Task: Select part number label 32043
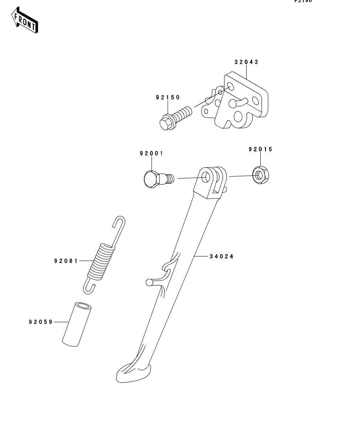pyautogui.click(x=246, y=62)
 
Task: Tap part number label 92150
pyautogui.click(x=167, y=97)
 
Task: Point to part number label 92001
pyautogui.click(x=151, y=153)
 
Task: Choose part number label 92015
pyautogui.click(x=260, y=149)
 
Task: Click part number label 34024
pyautogui.click(x=221, y=256)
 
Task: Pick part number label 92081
pyautogui.click(x=66, y=260)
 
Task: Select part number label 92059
pyautogui.click(x=41, y=322)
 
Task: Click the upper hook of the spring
pyautogui.click(x=119, y=223)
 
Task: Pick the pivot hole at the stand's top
pyautogui.click(x=206, y=177)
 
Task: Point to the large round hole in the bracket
pyautogui.click(x=238, y=117)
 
